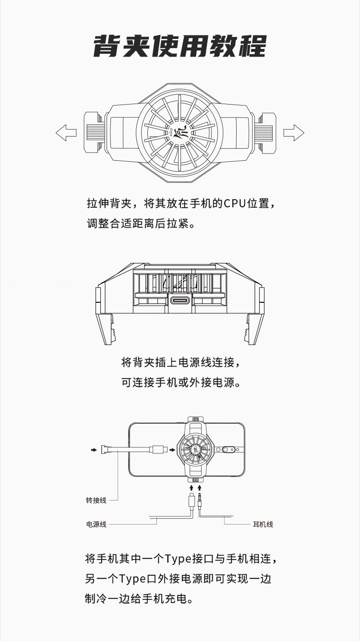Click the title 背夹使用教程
tap(180, 46)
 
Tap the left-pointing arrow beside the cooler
tap(66, 132)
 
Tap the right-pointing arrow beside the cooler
tap(293, 132)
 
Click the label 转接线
tap(96, 500)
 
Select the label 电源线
tap(96, 524)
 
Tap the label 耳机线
tap(263, 524)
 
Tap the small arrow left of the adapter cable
tap(94, 450)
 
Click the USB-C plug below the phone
tap(192, 499)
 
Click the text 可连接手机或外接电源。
tap(180, 382)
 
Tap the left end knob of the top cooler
tap(94, 132)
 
